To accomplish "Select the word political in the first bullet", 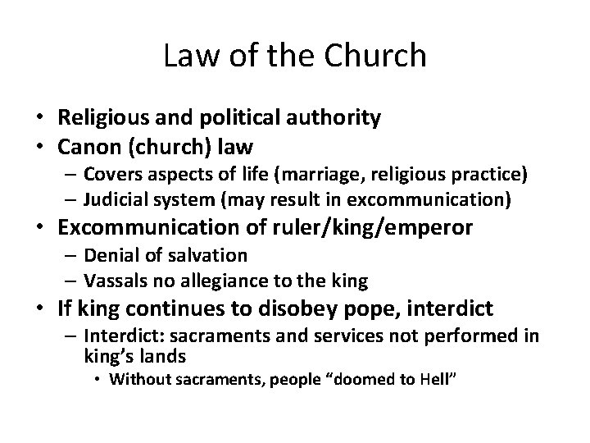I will (x=235, y=118).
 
